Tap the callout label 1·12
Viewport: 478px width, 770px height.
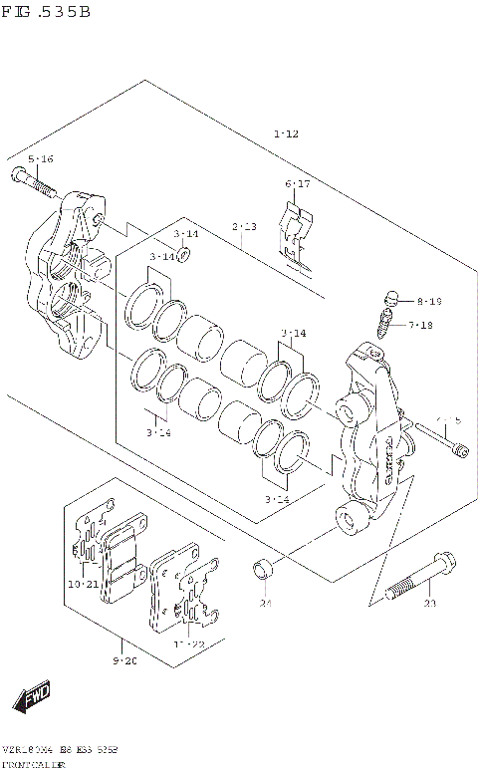[285, 132]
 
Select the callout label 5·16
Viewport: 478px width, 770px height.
[41, 159]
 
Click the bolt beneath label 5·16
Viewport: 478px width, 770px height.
[34, 184]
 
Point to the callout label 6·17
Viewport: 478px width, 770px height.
[298, 184]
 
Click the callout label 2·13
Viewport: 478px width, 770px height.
[245, 227]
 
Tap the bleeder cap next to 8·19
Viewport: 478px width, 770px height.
[390, 297]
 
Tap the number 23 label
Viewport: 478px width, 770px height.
[429, 604]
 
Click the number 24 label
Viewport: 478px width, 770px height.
[265, 604]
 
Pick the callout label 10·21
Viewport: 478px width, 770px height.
[83, 584]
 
